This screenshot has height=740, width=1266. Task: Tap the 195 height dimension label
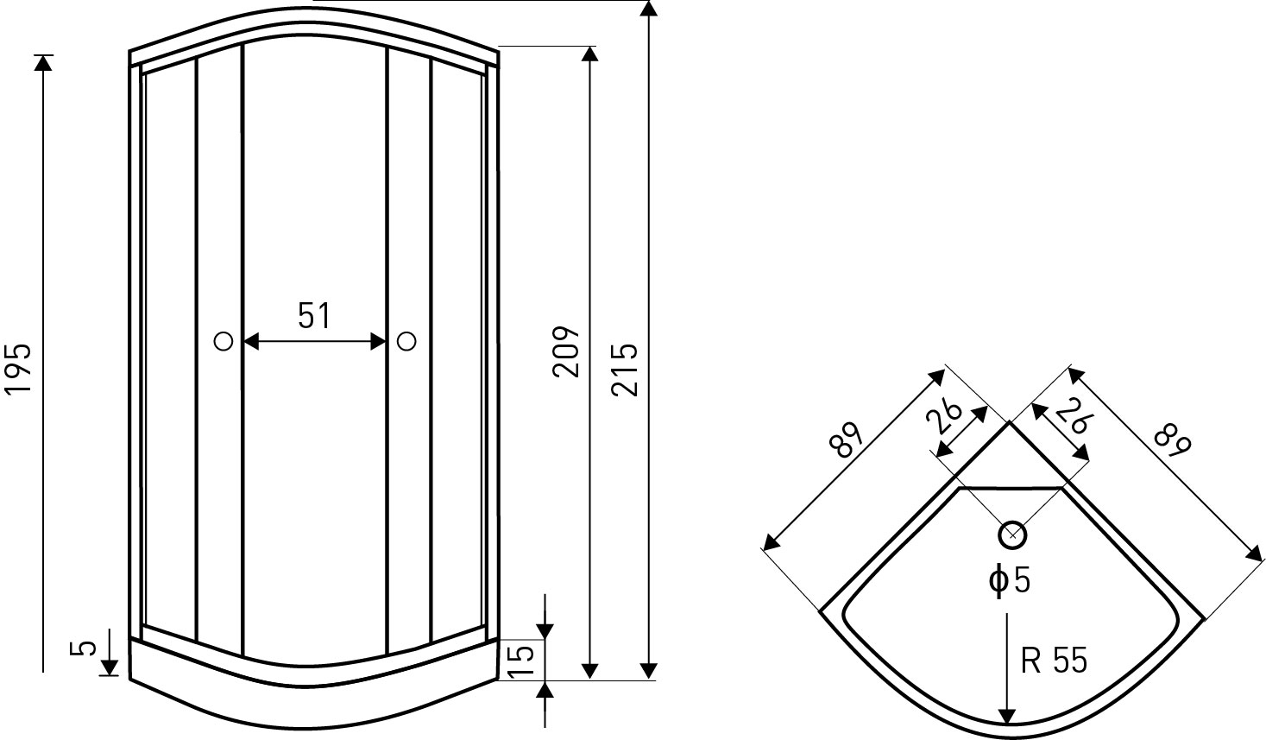17,369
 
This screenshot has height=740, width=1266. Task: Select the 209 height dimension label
566,351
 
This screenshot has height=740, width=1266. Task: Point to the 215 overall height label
625,370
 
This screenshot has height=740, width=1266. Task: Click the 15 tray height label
520,660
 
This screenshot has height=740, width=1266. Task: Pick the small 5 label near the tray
83,648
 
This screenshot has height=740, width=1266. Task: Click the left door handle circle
224,341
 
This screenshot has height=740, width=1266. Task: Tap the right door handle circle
406,341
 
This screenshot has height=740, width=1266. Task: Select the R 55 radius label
1054,660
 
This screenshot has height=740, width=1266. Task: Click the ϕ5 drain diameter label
1010,580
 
